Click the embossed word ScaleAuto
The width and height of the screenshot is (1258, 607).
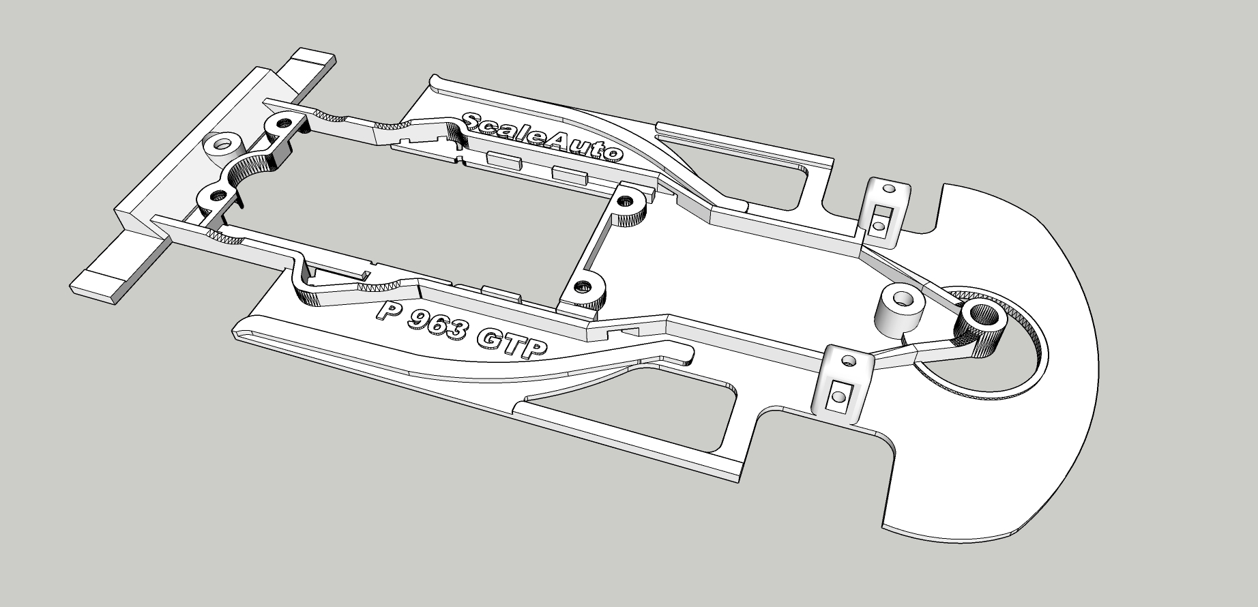pyautogui.click(x=542, y=136)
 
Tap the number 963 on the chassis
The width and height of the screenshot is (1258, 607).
pyautogui.click(x=436, y=325)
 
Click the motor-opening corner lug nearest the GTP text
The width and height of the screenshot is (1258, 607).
pyautogui.click(x=583, y=288)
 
